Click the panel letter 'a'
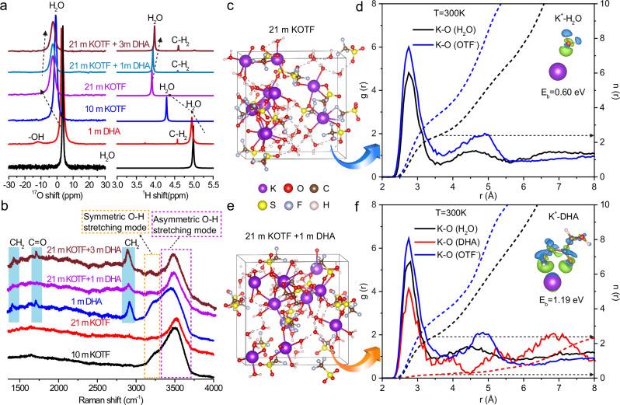[x=5, y=6]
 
